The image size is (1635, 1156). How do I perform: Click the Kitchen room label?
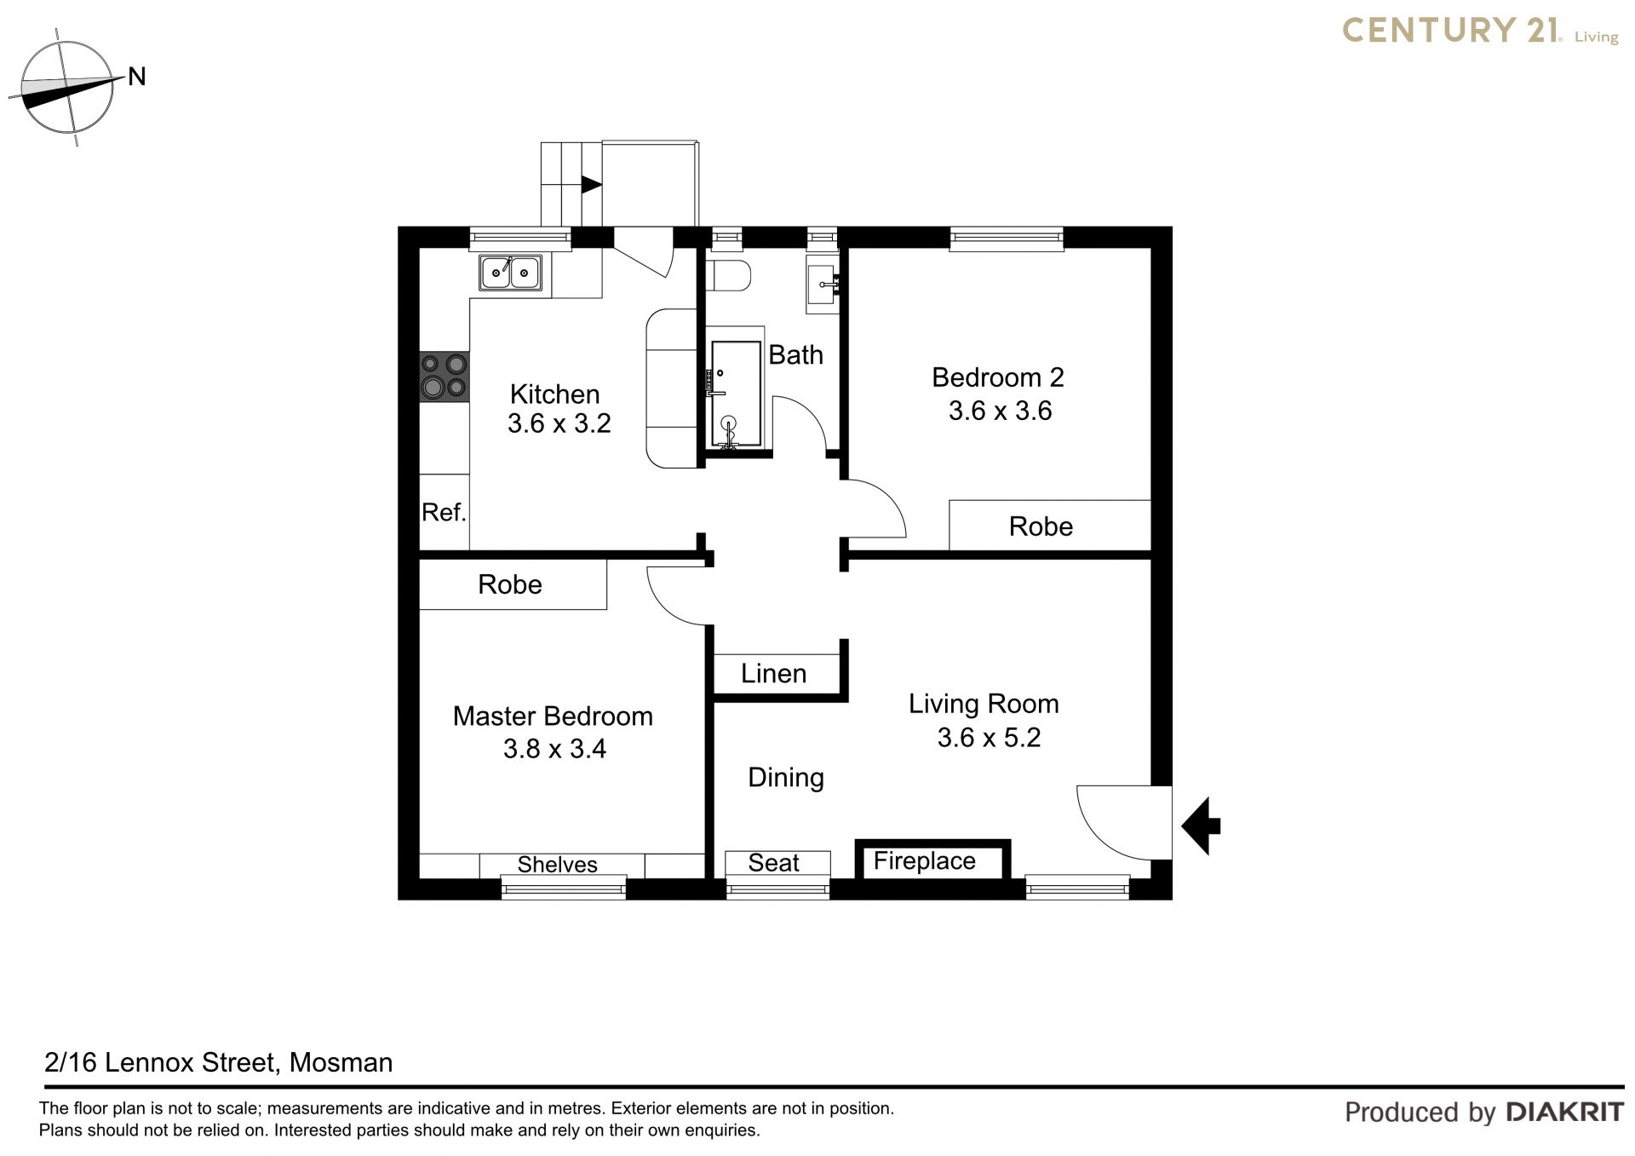(x=554, y=394)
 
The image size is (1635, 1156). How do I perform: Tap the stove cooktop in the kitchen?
(x=445, y=377)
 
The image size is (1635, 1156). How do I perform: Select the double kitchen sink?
(x=510, y=273)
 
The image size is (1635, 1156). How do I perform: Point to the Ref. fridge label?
(x=444, y=512)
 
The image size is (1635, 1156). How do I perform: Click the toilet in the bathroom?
(x=728, y=275)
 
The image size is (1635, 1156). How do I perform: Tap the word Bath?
(x=795, y=354)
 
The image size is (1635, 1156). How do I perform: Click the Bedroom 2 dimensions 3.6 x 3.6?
(x=1000, y=411)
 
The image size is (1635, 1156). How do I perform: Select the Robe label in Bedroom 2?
(x=1041, y=526)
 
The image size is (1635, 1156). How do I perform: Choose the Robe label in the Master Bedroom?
(x=509, y=584)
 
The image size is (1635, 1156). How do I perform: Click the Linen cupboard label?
(x=773, y=674)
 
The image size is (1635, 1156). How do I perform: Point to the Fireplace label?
(x=924, y=861)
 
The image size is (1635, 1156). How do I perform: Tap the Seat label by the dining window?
(x=773, y=863)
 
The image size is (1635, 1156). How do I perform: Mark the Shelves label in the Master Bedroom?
(x=557, y=865)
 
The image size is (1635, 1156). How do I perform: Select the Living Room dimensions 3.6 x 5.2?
(x=989, y=737)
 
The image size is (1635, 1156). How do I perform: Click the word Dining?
(x=785, y=778)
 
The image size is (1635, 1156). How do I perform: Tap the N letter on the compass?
(x=137, y=77)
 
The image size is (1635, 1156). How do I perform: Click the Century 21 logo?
(x=1480, y=32)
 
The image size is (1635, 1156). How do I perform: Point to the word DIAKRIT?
(x=1565, y=1112)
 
